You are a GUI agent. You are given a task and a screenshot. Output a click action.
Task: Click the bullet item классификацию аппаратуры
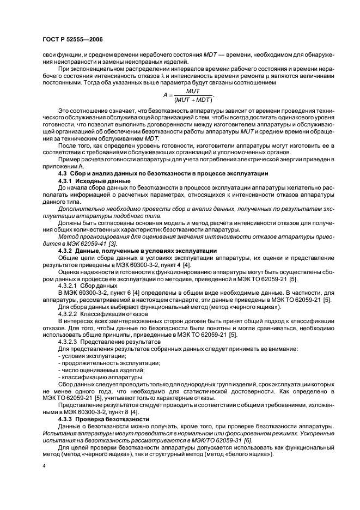96,377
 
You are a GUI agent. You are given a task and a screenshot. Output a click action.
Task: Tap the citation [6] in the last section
263,440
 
